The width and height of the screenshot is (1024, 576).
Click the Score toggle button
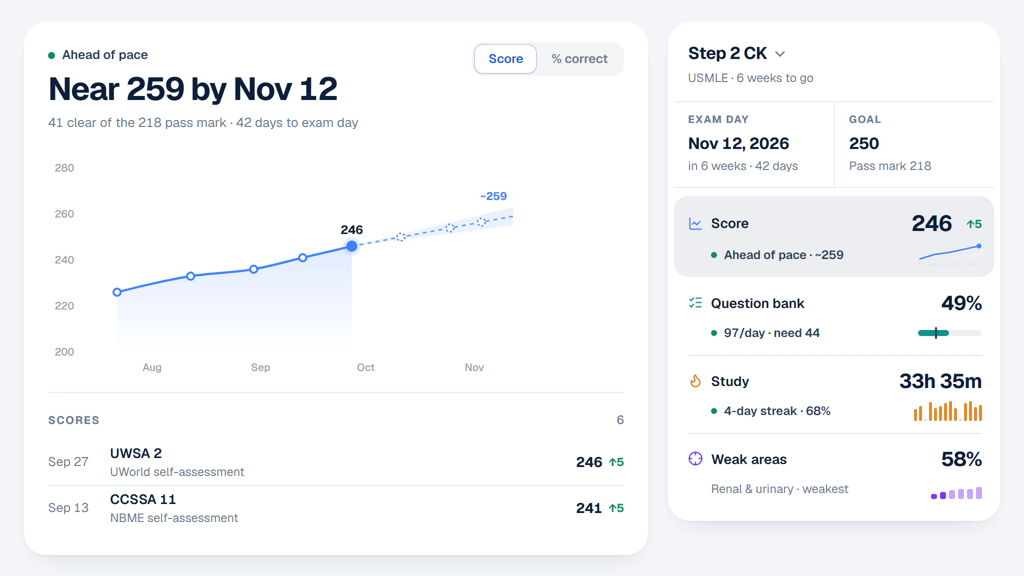coord(505,59)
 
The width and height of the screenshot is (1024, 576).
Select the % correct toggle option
coord(579,59)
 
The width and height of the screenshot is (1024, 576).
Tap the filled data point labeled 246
coord(352,246)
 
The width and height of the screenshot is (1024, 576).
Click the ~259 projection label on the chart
coord(493,196)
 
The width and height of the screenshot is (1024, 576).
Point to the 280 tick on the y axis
coord(64,168)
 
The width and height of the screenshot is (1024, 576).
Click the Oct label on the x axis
coord(365,367)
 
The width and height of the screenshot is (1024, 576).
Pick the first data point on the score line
coord(117,292)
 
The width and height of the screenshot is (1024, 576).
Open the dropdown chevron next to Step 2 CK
coord(780,54)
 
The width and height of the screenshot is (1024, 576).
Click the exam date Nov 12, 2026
coord(738,143)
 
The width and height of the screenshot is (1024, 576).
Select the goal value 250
coord(864,143)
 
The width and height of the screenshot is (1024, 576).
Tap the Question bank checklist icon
coord(695,303)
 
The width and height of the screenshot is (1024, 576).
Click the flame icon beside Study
coord(695,381)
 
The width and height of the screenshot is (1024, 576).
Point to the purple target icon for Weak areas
coord(695,458)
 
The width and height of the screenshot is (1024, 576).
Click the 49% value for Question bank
coord(961,303)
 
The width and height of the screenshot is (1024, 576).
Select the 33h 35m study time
coord(940,381)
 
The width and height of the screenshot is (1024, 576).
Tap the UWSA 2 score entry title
coord(136,453)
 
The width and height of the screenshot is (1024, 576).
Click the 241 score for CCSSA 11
coord(589,508)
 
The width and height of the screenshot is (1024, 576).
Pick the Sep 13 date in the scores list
coord(68,508)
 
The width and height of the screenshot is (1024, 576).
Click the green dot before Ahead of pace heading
coord(51,55)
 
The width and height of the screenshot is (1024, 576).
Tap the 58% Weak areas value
coord(961,459)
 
